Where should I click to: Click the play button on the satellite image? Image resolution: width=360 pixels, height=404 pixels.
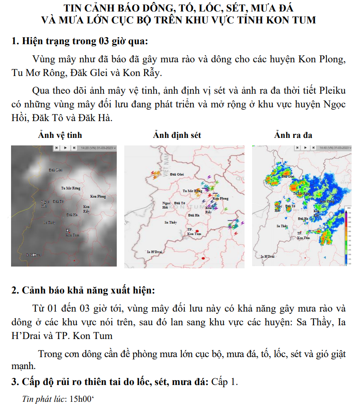tap(65, 148)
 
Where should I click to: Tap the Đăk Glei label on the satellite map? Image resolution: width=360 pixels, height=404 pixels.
tap(55, 170)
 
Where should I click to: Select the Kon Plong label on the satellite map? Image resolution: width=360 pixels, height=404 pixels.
tap(98, 196)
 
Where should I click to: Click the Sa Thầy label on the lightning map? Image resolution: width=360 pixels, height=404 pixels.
tap(170, 222)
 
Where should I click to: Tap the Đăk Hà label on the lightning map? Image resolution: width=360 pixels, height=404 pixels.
tap(193, 215)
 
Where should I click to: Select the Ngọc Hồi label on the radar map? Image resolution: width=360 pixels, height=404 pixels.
tap(278, 208)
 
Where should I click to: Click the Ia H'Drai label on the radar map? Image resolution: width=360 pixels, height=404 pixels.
tap(268, 256)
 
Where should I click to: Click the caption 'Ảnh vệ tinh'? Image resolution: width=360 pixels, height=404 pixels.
tap(60, 135)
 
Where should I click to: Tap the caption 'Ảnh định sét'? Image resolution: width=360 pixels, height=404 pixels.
tap(177, 135)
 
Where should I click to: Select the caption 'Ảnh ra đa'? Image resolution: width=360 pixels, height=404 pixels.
tap(293, 135)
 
